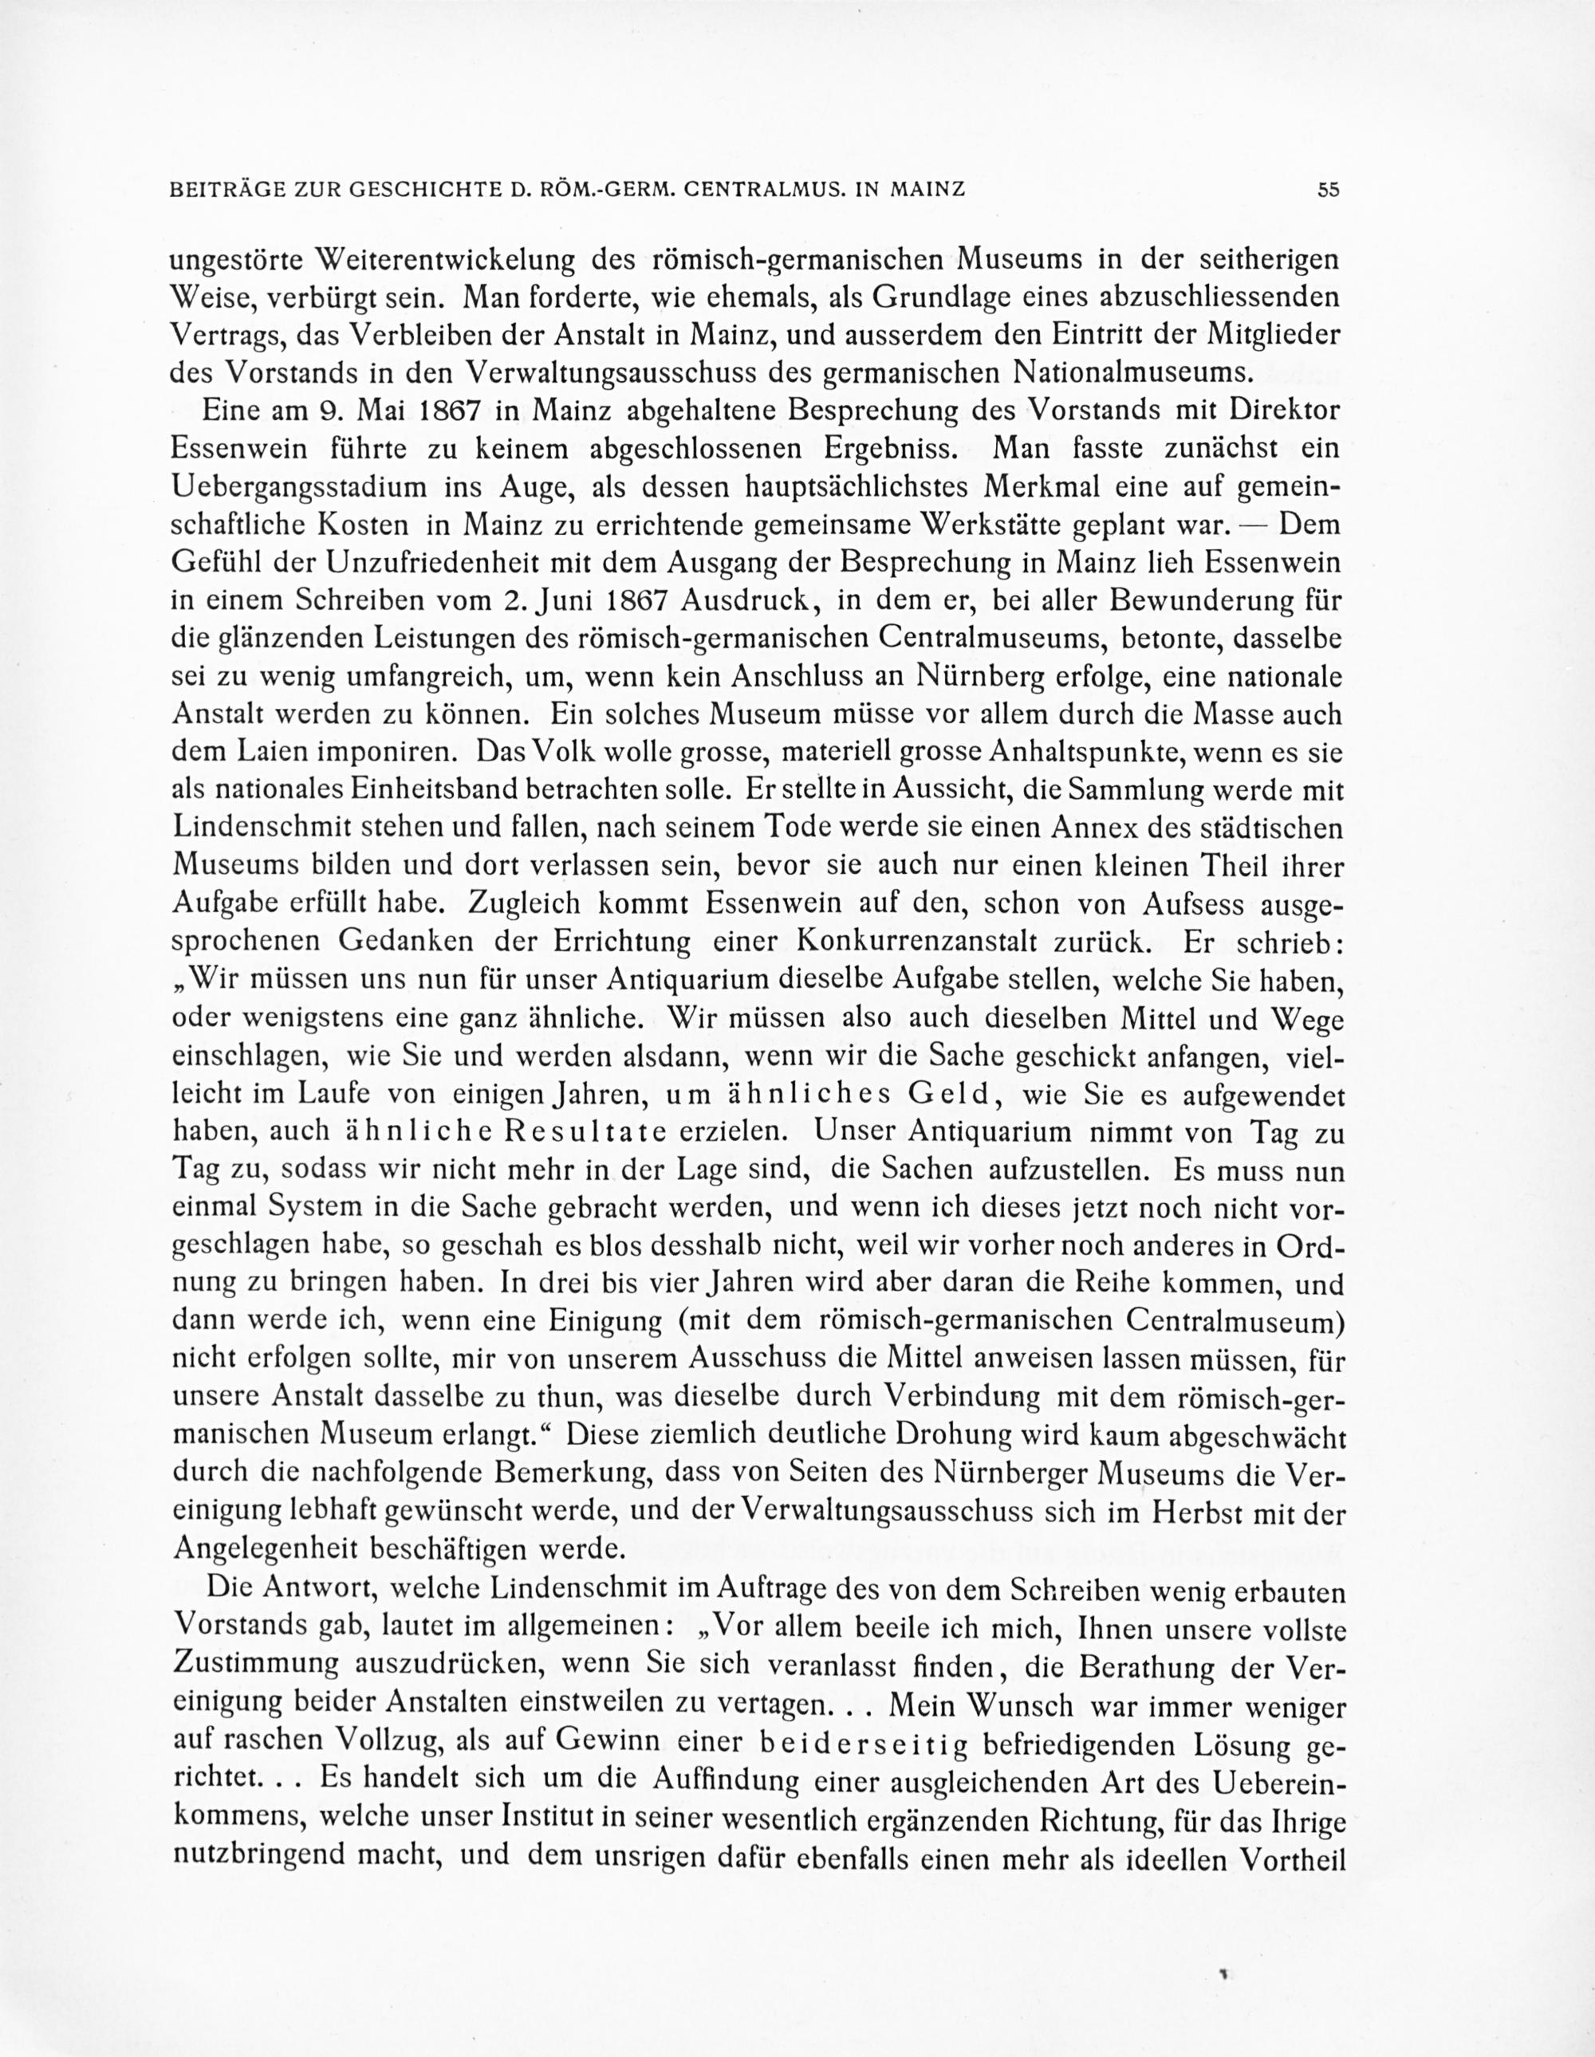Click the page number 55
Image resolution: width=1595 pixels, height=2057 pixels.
coord(1328,189)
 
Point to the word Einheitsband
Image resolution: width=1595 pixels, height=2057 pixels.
coord(459,789)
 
